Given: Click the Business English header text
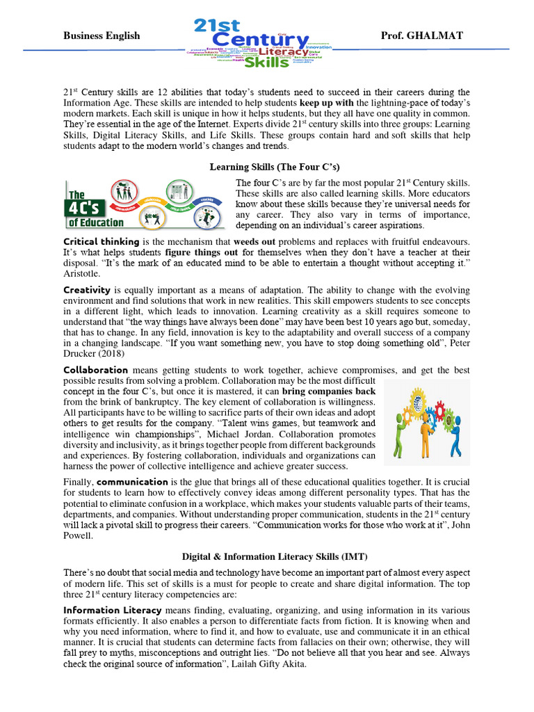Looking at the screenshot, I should coord(102,35).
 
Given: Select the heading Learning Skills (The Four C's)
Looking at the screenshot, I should coord(274,167).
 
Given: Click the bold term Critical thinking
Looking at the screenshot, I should coord(97,241).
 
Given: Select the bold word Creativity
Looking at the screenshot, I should coord(87,289).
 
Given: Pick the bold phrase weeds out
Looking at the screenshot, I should coord(255,241).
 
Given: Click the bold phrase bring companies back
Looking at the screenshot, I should coord(329,391).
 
